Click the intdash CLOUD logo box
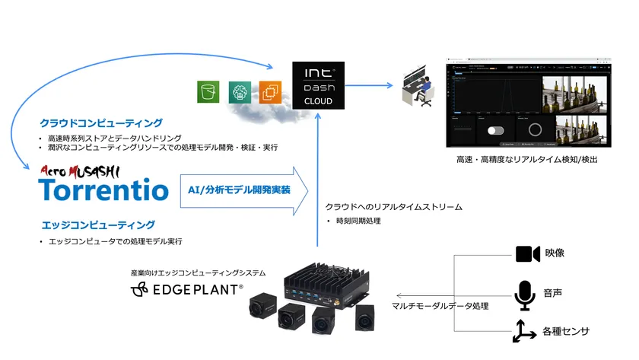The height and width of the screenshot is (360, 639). point(318,85)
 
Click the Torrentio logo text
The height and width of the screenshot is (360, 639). point(103,189)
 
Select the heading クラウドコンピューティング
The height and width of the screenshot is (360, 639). point(101,122)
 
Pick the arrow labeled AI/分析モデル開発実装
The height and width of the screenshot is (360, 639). point(244,190)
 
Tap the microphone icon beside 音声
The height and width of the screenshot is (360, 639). point(525,295)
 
